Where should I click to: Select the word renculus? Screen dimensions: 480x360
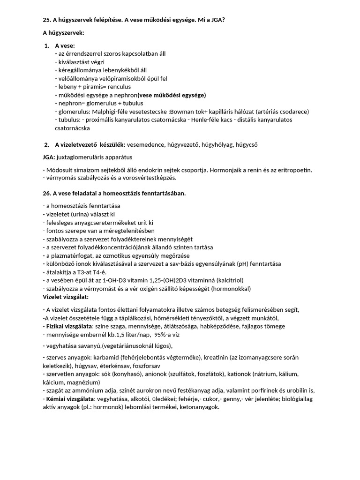click(118, 87)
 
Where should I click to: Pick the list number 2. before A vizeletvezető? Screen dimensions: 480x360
click(47, 144)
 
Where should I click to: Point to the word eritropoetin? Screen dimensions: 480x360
click(293, 170)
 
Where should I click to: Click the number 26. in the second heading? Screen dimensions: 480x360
click(47, 193)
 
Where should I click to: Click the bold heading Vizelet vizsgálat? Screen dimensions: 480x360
click(66, 297)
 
